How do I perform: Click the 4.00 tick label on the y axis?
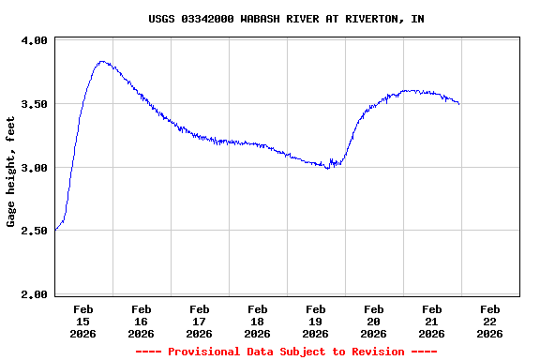coord(34,40)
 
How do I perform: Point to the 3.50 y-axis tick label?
coord(34,104)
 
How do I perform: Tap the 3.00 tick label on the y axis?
coord(34,168)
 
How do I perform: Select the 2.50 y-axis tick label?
coord(34,231)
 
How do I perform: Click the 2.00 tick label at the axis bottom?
coord(34,294)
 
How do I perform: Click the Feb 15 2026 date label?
coord(82,321)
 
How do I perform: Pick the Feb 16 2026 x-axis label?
coord(141,321)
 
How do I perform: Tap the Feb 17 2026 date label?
coord(199,321)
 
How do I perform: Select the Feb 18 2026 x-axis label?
coord(257,321)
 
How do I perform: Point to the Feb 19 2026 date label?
coord(315,321)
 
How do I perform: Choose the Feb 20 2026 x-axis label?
coord(373,321)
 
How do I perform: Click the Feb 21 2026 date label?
coord(431,321)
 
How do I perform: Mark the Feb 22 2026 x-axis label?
coord(489,321)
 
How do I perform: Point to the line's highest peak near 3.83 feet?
coord(101,62)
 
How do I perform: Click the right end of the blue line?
coord(458,103)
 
